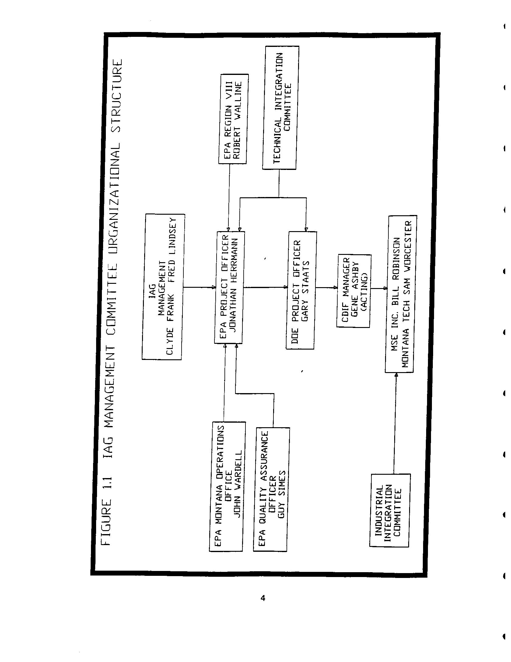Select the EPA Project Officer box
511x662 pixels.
tap(230, 287)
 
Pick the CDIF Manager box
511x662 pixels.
tap(354, 291)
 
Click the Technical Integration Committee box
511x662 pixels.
tap(280, 107)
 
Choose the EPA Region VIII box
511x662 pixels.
tap(233, 119)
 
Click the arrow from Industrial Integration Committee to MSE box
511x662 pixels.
tap(395, 423)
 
